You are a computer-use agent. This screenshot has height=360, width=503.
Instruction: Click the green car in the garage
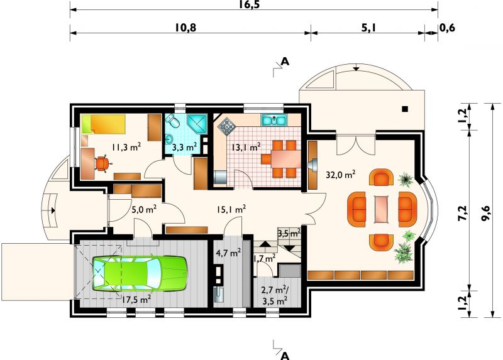[x=140, y=273]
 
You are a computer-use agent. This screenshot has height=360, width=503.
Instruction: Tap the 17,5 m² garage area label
[x=136, y=300]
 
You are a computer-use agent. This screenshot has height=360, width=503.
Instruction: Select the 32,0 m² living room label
[x=340, y=175]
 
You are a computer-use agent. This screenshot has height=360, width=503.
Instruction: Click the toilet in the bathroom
[x=172, y=121]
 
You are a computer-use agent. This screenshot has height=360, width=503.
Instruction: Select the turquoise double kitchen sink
[x=274, y=120]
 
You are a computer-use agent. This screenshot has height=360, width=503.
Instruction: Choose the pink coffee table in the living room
[x=382, y=209]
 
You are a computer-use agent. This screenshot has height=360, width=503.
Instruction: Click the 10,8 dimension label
[x=185, y=28]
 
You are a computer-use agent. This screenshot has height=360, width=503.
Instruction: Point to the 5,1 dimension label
[x=368, y=28]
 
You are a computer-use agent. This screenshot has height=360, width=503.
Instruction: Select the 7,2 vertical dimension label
[x=463, y=212]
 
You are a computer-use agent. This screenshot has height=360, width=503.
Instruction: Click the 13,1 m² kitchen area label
[x=246, y=147]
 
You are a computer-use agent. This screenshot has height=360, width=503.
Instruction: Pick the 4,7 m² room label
[x=228, y=253]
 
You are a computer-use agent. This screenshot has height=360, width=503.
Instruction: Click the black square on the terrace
[x=405, y=109]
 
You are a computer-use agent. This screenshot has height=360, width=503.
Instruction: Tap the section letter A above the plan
[x=285, y=61]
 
